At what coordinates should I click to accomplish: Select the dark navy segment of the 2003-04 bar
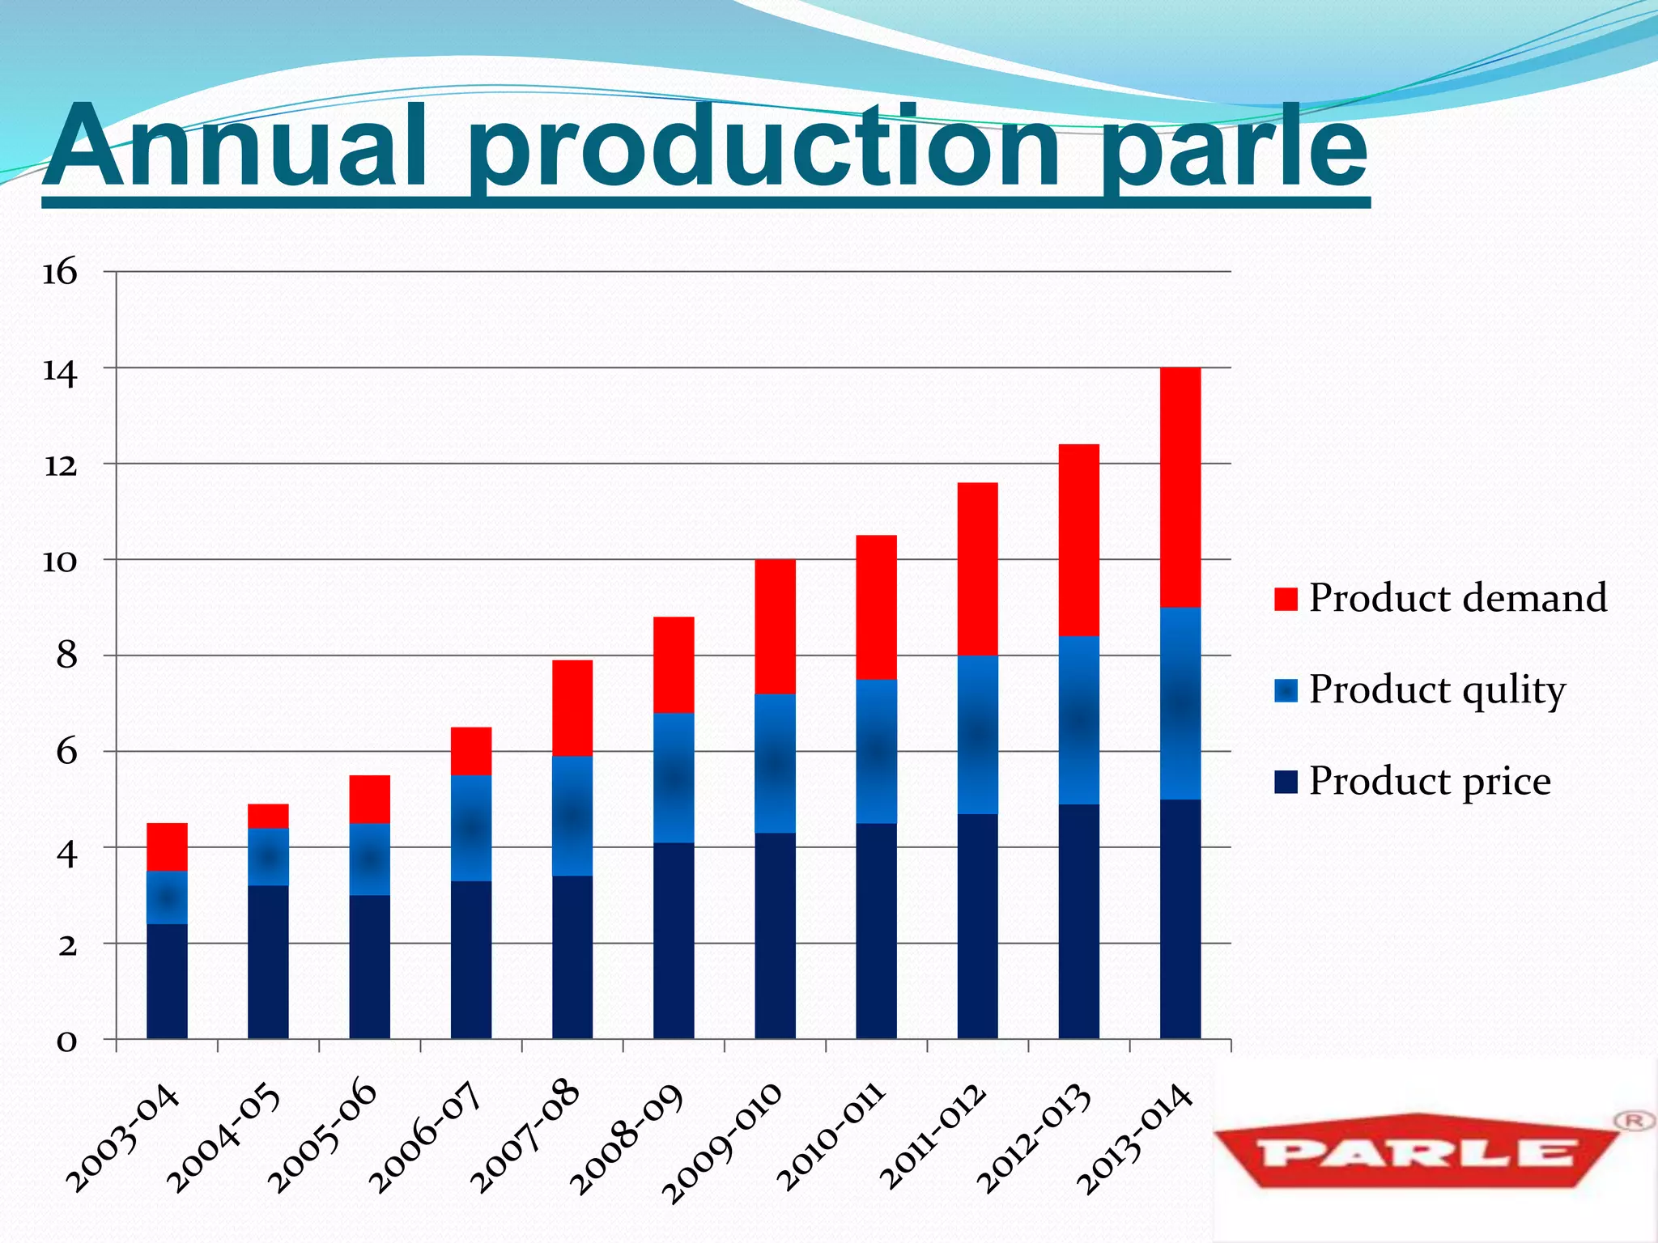click(167, 981)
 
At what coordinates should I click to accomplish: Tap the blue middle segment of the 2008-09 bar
click(674, 777)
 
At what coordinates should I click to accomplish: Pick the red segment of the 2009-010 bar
click(775, 626)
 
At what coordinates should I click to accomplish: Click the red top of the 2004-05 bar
click(268, 816)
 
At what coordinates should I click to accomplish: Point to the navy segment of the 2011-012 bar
click(977, 926)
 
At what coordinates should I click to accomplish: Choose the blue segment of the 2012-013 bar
click(1078, 720)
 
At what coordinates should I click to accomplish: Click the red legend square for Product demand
click(1286, 599)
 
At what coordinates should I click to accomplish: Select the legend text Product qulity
click(1437, 689)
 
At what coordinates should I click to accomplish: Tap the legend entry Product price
click(1429, 781)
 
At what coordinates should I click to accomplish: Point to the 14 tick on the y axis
click(60, 371)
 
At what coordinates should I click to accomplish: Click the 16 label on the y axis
click(60, 272)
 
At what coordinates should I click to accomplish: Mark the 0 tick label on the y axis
click(66, 1040)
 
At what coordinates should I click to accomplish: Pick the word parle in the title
click(1235, 150)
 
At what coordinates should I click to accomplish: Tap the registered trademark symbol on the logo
click(1633, 1121)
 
